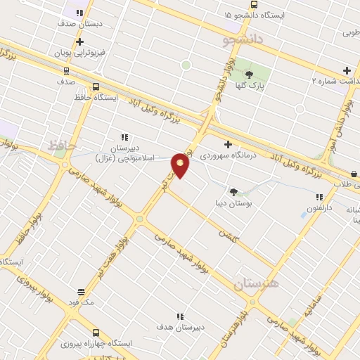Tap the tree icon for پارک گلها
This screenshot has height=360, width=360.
(249, 73)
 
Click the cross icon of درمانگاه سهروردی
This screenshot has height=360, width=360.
(228, 143)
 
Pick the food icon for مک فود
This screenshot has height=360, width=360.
(81, 291)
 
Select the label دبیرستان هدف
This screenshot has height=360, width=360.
(180, 328)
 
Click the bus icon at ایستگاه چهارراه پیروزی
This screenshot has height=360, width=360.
(96, 333)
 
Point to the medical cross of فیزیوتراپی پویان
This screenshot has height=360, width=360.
(79, 41)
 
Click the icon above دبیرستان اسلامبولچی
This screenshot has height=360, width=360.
(124, 137)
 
